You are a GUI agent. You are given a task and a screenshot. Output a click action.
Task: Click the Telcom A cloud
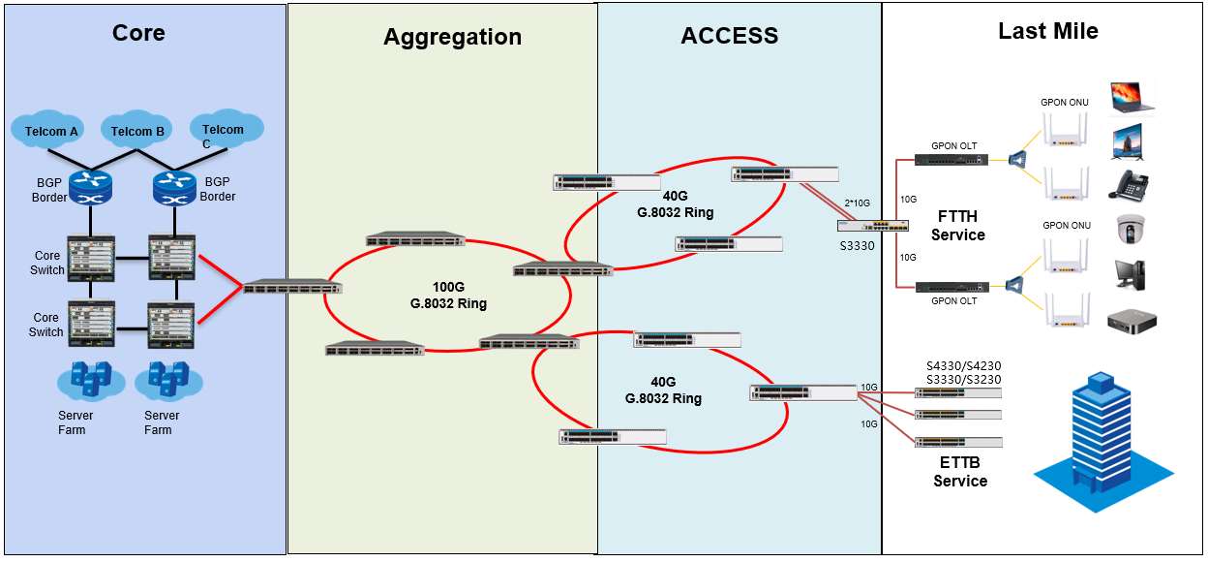[x=48, y=130]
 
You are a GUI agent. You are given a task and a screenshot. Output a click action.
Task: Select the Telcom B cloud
[x=136, y=130]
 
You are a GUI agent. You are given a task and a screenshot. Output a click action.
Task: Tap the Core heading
[x=138, y=33]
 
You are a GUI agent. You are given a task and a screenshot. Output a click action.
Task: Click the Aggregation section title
[x=452, y=37]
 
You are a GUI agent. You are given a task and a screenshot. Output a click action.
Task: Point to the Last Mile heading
[x=1048, y=31]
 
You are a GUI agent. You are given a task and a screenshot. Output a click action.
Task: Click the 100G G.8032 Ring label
[x=448, y=295]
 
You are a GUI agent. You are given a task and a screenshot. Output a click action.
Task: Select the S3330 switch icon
[x=872, y=225]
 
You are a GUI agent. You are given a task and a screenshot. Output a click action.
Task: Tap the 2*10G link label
[x=857, y=203]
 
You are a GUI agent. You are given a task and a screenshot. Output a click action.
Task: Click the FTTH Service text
[x=957, y=226]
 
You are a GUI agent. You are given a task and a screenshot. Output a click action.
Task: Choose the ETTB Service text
[x=960, y=471]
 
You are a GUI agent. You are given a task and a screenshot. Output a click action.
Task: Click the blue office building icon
[x=1102, y=442]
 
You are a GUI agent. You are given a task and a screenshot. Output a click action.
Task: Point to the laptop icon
[x=1132, y=98]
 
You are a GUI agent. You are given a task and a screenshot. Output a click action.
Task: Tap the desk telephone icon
[x=1129, y=185]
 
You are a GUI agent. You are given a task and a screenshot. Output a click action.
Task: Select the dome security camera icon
[x=1131, y=229]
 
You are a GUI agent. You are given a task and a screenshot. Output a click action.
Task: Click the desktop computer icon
[x=1130, y=275]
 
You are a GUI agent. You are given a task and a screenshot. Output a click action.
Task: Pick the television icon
[x=1127, y=142]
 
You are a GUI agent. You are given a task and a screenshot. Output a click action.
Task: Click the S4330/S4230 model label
[x=963, y=365]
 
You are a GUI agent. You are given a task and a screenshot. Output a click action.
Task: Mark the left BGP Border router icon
[x=91, y=188]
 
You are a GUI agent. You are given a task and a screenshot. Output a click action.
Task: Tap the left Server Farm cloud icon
[x=91, y=381]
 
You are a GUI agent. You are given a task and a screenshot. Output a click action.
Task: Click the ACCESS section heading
[x=729, y=36]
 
